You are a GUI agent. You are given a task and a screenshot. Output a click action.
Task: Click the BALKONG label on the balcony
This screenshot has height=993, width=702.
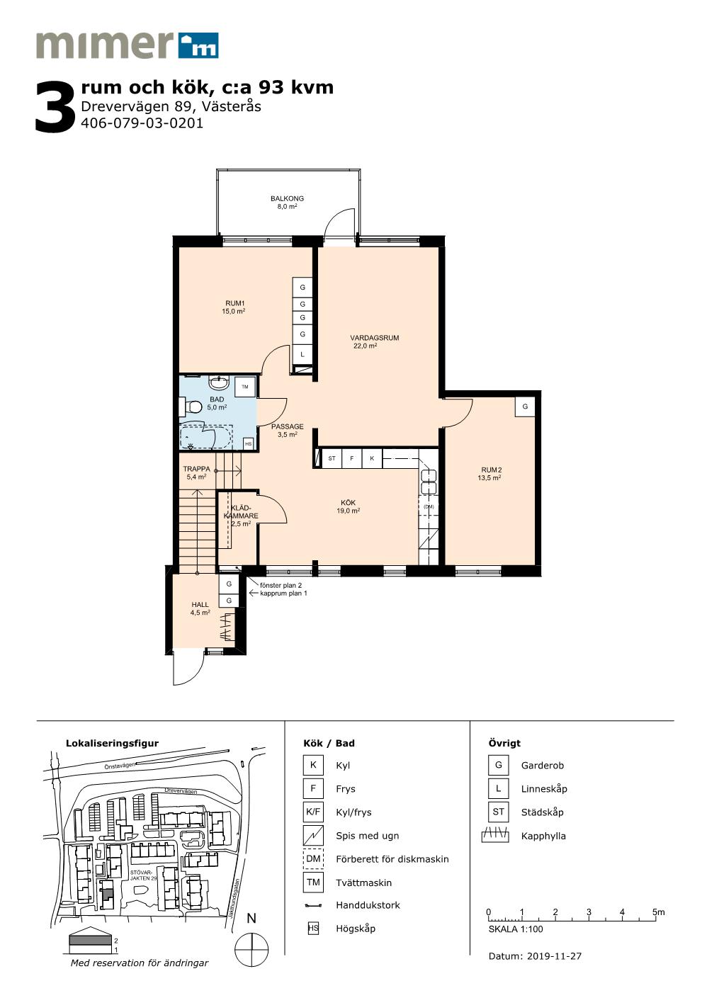pyautogui.click(x=287, y=198)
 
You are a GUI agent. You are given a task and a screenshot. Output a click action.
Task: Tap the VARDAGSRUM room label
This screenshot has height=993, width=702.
pyautogui.click(x=374, y=338)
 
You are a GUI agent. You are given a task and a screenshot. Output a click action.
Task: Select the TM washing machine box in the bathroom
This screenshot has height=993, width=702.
pyautogui.click(x=245, y=387)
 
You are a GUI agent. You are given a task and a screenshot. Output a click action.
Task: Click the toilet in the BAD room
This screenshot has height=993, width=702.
pyautogui.click(x=190, y=407)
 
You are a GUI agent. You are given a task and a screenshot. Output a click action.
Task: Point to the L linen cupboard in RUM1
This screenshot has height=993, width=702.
pyautogui.click(x=302, y=354)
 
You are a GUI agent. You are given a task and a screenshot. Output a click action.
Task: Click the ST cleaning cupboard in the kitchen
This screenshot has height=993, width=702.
pyautogui.click(x=332, y=458)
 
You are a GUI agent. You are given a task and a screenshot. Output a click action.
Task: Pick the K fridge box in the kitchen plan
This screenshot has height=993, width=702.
pyautogui.click(x=372, y=458)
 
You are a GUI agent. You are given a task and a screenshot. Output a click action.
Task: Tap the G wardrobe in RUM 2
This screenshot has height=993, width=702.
pyautogui.click(x=525, y=407)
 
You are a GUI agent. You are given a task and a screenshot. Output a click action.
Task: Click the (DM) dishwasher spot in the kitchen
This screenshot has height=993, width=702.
pyautogui.click(x=429, y=506)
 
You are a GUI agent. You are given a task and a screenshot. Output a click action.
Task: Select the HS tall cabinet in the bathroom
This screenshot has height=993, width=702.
pyautogui.click(x=249, y=444)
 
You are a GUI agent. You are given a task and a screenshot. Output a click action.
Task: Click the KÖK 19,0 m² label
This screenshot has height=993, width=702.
pyautogui.click(x=348, y=506)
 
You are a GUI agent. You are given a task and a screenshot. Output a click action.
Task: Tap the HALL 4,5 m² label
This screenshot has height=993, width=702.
pyautogui.click(x=200, y=608)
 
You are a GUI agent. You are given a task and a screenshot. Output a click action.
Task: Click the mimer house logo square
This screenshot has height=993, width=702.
pyautogui.click(x=198, y=45)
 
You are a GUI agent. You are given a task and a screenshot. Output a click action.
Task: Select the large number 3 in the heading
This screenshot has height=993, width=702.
pyautogui.click(x=56, y=107)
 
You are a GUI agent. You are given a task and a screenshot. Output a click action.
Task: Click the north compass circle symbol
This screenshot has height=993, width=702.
pyautogui.click(x=251, y=950)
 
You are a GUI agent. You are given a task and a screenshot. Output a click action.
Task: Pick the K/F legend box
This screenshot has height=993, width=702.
pyautogui.click(x=313, y=812)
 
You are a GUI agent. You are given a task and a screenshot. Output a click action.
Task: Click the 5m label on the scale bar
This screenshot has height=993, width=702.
pyautogui.click(x=659, y=912)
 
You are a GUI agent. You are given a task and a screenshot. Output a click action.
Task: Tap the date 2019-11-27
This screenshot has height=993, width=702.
pyautogui.click(x=554, y=956)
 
